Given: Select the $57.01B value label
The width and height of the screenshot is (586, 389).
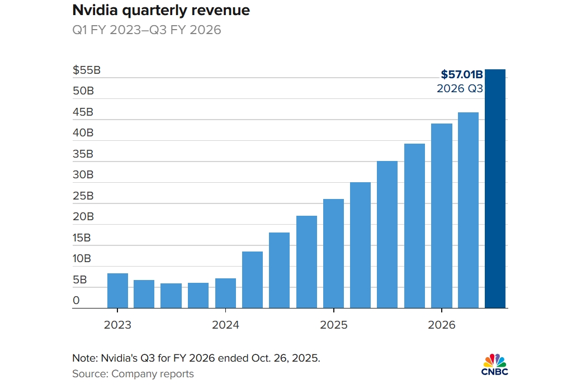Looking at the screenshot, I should point(461,74).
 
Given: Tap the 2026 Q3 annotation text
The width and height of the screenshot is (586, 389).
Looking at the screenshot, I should point(460,89).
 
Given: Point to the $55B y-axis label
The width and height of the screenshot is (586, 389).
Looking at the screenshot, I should point(87,70).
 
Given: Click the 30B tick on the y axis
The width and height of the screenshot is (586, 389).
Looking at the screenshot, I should point(83,175).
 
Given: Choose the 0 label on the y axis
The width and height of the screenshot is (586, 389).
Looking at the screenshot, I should point(76,301).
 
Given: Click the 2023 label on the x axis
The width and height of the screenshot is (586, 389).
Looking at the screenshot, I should point(117,325).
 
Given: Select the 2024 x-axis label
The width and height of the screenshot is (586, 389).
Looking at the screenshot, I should point(225,325).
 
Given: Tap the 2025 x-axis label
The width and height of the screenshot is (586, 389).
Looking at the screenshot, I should point(333,325).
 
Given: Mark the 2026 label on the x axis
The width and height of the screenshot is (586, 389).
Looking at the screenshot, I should point(442,325).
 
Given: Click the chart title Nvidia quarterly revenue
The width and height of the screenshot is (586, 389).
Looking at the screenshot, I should point(161,11).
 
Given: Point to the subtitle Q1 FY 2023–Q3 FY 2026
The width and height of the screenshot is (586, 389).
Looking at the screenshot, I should point(146,30).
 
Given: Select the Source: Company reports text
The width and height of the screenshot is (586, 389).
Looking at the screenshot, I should point(133,374).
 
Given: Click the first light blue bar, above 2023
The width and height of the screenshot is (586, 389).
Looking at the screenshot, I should point(117,291).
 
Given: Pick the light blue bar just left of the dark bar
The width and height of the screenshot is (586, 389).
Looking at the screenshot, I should point(468,210).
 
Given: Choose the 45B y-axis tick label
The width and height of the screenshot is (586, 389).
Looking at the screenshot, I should point(83,112).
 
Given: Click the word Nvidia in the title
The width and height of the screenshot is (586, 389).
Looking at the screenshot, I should point(91,11).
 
